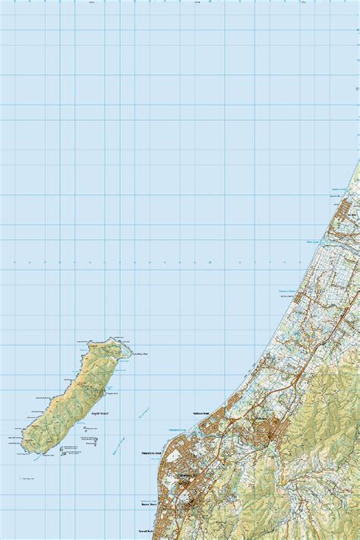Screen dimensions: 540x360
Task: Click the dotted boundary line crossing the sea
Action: (x=152, y=264)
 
